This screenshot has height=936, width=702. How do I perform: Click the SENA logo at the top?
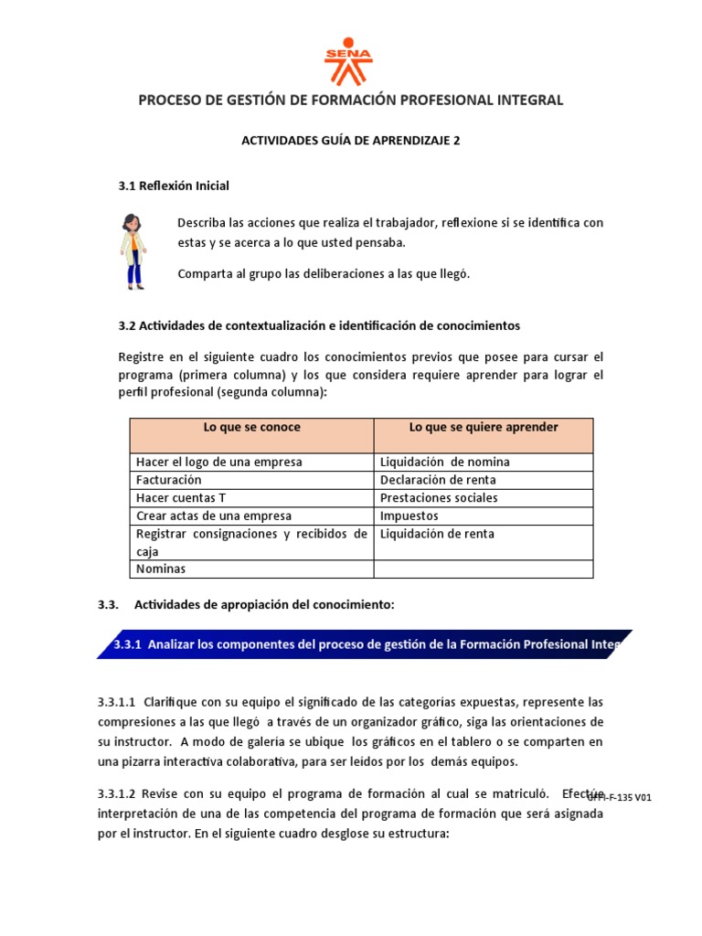349,60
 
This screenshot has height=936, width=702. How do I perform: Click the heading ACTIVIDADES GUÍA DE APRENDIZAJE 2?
350,141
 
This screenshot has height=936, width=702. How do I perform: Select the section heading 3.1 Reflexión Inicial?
174,186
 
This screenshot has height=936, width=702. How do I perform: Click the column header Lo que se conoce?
251,428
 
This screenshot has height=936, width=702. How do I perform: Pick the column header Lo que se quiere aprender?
483,428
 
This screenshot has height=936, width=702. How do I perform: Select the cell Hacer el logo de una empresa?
218,462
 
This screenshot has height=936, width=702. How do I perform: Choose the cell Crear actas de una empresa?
213,516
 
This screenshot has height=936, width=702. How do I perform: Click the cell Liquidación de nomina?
444,462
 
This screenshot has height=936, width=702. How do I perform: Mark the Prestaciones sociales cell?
439,498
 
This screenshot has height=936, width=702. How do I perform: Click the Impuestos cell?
409,516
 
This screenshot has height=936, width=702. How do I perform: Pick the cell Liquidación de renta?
437,534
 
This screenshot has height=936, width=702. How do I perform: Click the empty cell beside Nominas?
483,569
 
